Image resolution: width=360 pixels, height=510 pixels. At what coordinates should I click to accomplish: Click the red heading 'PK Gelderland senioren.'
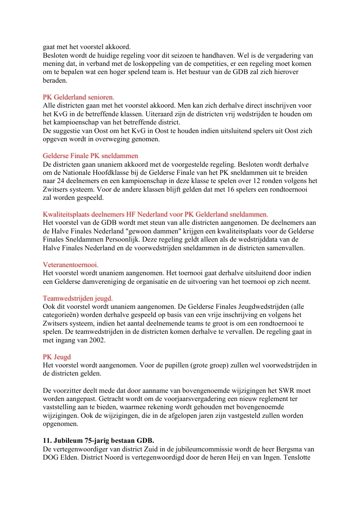point(79,97)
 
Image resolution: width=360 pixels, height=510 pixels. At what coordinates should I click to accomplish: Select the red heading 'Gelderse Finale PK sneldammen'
point(90,156)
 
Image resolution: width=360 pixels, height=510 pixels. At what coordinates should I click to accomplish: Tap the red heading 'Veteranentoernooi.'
point(71,264)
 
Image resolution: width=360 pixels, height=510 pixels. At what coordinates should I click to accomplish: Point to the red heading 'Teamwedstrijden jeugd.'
point(78,298)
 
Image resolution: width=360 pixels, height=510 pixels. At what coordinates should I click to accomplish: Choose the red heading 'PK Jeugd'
point(57,357)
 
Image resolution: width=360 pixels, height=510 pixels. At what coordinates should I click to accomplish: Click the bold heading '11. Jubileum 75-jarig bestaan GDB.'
point(99,441)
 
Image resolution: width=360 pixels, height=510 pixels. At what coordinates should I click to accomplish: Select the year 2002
point(97,340)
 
